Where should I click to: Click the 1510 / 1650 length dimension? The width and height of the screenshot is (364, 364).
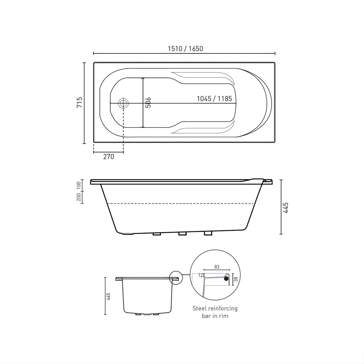pyautogui.click(x=186, y=49)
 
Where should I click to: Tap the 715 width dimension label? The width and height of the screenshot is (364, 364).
pyautogui.click(x=79, y=102)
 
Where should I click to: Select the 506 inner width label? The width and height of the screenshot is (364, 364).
pyautogui.click(x=148, y=103)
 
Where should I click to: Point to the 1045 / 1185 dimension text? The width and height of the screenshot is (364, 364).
pyautogui.click(x=214, y=99)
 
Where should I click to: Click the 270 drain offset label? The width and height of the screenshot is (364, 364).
pyautogui.click(x=109, y=157)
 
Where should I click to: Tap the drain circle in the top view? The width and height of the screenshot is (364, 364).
pyautogui.click(x=123, y=103)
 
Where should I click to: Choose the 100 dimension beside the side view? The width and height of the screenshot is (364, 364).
pyautogui.click(x=79, y=185)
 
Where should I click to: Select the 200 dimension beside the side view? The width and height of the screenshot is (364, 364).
pyautogui.click(x=79, y=197)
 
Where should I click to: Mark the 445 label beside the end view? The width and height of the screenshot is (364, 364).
pyautogui.click(x=108, y=296)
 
